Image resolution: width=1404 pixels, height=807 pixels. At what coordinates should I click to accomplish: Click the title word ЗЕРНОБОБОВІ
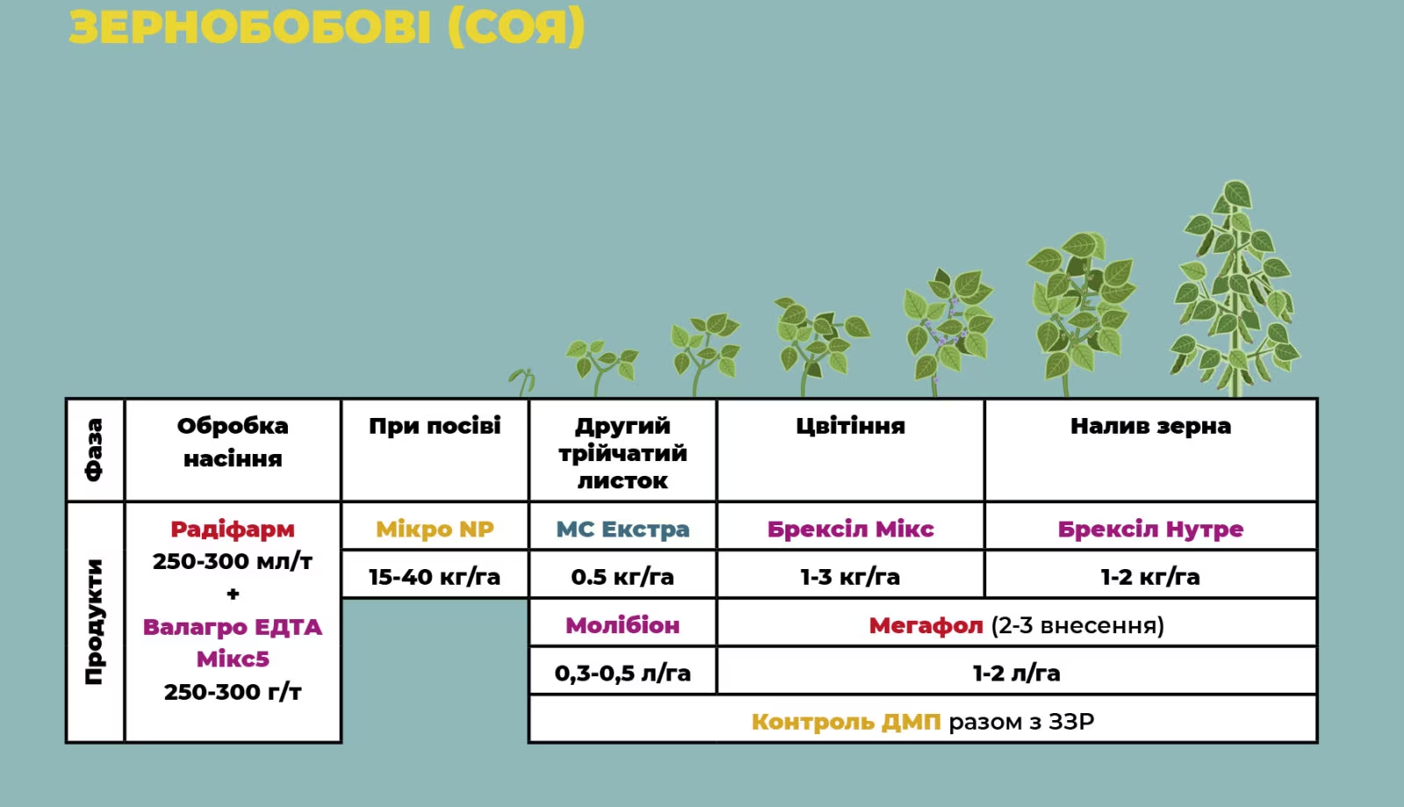point(249,27)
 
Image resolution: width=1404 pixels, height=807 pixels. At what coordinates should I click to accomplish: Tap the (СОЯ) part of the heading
point(517,27)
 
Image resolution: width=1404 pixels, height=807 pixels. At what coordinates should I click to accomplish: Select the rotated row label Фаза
point(94,450)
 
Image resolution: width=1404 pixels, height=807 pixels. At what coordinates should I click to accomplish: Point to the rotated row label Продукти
point(94,622)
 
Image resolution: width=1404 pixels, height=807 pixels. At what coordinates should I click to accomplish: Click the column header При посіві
point(434,426)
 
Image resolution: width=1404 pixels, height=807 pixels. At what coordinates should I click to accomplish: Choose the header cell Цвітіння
point(850,427)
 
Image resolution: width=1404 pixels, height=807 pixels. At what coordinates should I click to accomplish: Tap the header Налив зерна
point(1150,427)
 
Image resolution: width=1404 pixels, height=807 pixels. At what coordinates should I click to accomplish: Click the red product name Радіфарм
point(233,530)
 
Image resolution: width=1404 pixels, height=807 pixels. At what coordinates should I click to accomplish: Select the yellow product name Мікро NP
point(434,530)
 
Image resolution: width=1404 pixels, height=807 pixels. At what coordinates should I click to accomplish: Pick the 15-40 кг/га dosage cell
point(434,576)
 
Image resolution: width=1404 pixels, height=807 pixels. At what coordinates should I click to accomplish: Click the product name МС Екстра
point(622,530)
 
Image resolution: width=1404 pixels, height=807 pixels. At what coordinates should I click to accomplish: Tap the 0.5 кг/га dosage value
point(622,576)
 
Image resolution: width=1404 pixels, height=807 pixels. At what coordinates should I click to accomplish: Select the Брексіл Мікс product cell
point(850,530)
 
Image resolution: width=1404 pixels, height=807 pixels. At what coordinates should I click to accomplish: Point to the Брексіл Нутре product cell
point(1150,530)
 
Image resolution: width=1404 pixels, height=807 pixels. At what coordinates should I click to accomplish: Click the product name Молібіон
point(622,625)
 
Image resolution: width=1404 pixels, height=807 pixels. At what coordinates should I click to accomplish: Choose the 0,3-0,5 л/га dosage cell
point(622,673)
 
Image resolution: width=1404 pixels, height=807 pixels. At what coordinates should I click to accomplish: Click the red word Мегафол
point(926,625)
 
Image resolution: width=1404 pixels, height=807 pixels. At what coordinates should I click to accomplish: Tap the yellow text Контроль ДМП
point(846,722)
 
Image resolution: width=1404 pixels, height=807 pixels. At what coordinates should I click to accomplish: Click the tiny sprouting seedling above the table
point(522,381)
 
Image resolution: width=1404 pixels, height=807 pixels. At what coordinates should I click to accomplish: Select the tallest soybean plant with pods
point(1235,288)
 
